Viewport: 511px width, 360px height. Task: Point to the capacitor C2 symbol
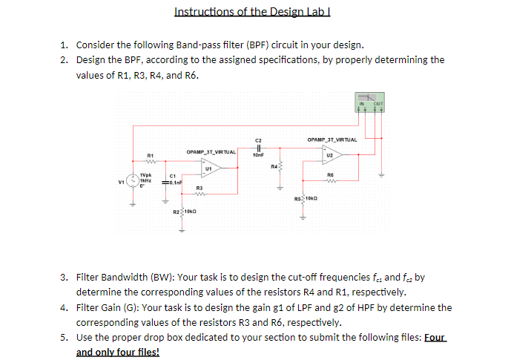coord(258,147)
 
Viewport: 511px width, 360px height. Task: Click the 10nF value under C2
coord(258,155)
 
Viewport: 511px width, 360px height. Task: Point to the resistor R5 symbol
coord(303,199)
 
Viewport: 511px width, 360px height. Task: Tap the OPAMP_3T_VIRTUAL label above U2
coord(332,140)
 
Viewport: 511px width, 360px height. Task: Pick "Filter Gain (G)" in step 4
coord(105,307)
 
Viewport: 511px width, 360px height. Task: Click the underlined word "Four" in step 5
coord(436,338)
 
